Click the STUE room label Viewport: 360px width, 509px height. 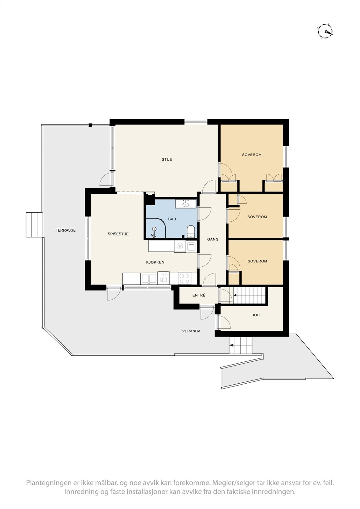click(x=167, y=159)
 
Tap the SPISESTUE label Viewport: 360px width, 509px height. click(x=118, y=234)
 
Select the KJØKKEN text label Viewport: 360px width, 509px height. click(x=155, y=262)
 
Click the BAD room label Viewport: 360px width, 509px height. click(x=172, y=219)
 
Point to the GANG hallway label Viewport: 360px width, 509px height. click(x=213, y=239)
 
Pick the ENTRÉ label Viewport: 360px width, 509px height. click(x=199, y=295)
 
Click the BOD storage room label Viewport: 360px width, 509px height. click(x=256, y=315)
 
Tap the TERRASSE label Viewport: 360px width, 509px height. click(x=66, y=230)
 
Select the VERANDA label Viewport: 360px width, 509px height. click(x=191, y=331)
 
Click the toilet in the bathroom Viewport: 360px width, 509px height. click(x=191, y=231)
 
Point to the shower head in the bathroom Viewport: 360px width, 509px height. click(x=154, y=229)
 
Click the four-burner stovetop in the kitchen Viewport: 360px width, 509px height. click(x=184, y=278)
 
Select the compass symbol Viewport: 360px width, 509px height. click(x=326, y=31)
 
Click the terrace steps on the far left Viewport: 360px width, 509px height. click(x=34, y=225)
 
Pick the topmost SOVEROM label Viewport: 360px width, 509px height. click(x=252, y=155)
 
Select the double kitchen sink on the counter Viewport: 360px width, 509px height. click(x=149, y=279)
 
